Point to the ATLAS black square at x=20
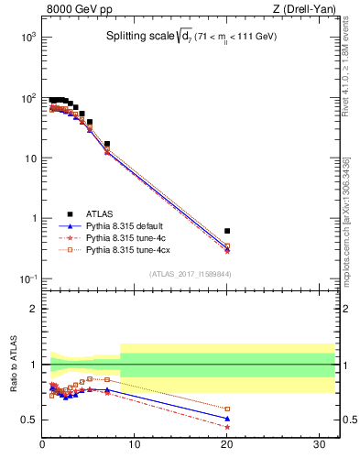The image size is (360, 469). [227, 231]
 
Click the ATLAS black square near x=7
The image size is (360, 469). [107, 144]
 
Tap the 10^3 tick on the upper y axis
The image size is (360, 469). [29, 37]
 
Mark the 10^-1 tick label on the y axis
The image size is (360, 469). [28, 279]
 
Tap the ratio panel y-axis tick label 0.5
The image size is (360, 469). [29, 420]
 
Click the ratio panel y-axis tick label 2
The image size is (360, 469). [34, 309]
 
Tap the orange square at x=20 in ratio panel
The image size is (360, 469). [227, 409]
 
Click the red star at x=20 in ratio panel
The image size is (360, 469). [227, 427]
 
